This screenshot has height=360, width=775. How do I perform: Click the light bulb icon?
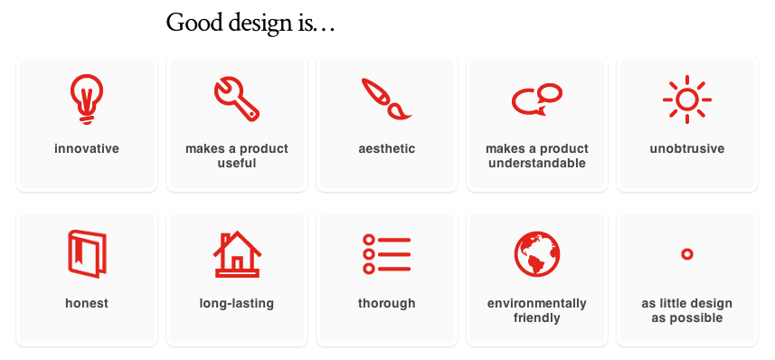[x=87, y=97]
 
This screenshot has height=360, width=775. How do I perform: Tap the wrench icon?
[x=237, y=98]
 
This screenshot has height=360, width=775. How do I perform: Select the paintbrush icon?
[x=386, y=98]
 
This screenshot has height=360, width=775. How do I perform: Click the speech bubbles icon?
[x=536, y=98]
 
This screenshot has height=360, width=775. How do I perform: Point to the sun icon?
[x=686, y=98]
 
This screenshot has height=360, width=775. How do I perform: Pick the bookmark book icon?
[x=87, y=253]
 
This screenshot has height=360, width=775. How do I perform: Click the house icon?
[x=237, y=253]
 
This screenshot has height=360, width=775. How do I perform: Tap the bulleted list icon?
[x=386, y=254]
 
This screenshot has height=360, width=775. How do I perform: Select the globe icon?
[x=536, y=254]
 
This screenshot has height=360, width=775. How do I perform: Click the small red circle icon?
[x=686, y=254]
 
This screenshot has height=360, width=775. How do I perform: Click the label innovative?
[x=87, y=148]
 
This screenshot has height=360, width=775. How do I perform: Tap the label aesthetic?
[x=387, y=148]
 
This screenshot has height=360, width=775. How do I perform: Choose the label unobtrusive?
[x=687, y=148]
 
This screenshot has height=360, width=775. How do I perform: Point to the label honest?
[x=87, y=303]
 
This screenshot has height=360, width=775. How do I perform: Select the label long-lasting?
[x=237, y=303]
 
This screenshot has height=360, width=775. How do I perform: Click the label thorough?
[x=387, y=303]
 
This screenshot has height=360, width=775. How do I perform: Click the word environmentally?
[x=537, y=303]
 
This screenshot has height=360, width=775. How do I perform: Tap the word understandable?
[x=537, y=163]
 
